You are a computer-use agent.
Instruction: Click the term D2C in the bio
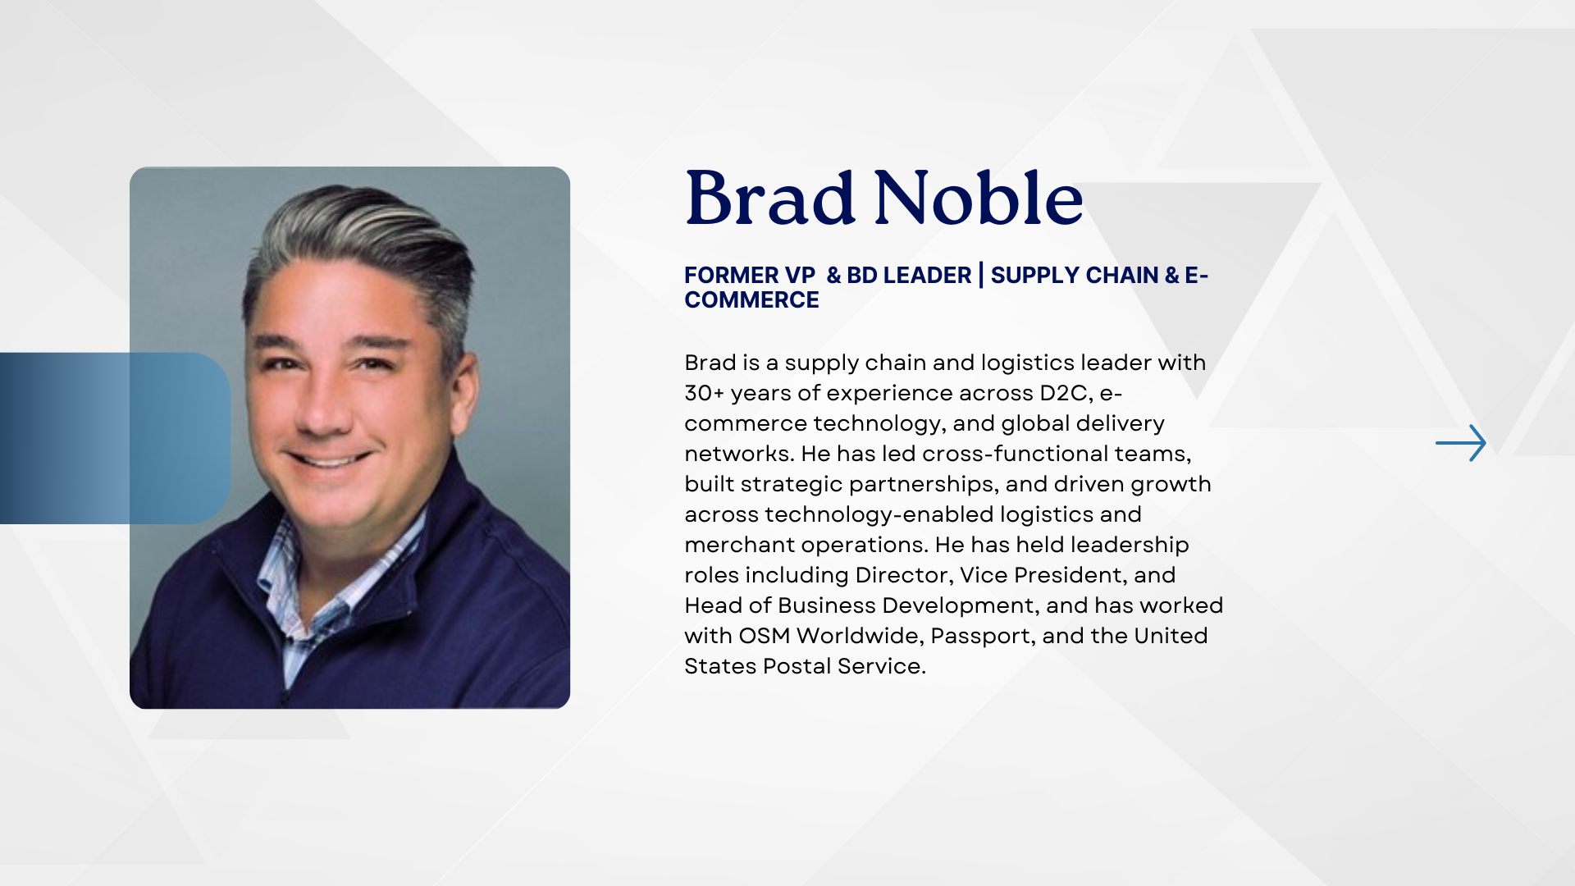[x=1066, y=394]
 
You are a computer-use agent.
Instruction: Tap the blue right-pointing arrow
[x=1461, y=443]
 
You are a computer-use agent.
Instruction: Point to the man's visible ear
[x=465, y=386]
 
